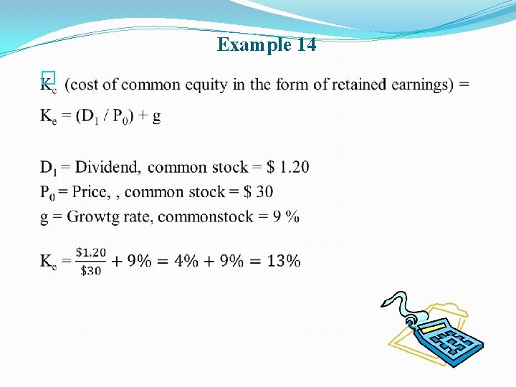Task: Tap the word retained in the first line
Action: point(354,85)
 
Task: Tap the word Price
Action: point(88,191)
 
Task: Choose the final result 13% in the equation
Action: point(284,261)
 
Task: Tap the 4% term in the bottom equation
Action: point(186,261)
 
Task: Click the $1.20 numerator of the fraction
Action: point(91,252)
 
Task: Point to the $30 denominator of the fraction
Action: point(91,270)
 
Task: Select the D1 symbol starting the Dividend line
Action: point(48,168)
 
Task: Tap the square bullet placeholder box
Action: point(47,77)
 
